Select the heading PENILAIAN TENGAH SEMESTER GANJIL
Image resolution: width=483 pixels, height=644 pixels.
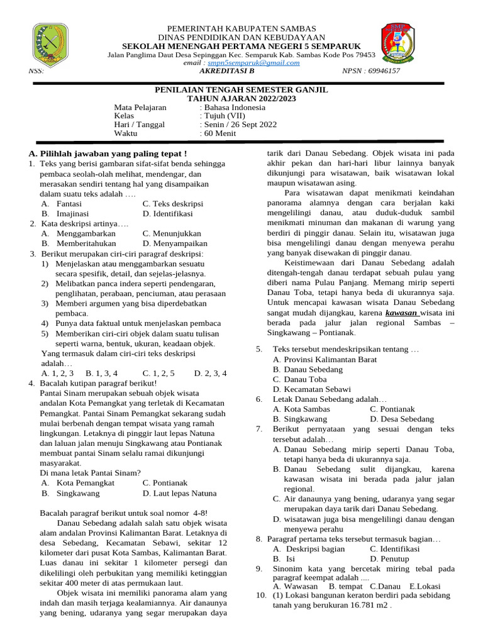241,91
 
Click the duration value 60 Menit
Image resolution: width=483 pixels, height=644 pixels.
219,133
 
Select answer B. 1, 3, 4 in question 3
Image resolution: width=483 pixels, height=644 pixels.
101,373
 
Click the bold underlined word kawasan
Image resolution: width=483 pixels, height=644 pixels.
401,312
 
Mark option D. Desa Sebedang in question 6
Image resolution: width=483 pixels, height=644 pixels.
402,419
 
